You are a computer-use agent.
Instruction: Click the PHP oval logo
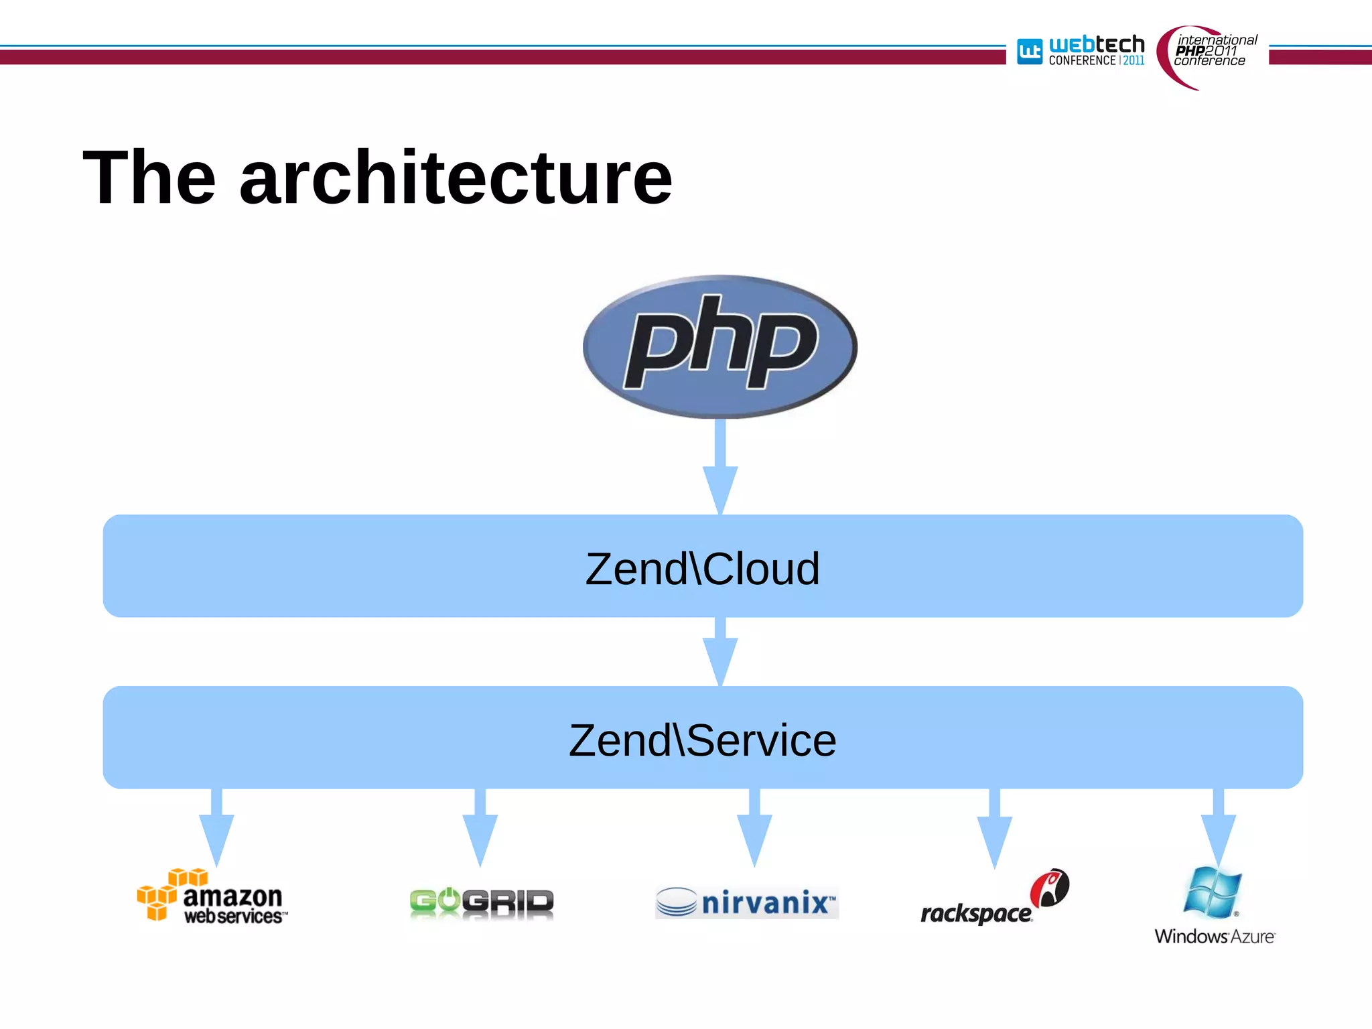pos(720,346)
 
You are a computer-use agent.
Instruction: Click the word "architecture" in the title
pos(456,178)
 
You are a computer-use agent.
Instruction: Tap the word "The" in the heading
pos(149,178)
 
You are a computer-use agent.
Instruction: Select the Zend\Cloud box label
pos(702,569)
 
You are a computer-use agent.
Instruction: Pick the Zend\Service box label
pos(702,740)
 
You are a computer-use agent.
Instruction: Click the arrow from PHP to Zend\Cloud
pos(720,469)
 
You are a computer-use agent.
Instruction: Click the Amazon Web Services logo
pos(212,896)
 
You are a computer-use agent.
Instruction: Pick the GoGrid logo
pos(482,902)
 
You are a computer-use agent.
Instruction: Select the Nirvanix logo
pos(746,902)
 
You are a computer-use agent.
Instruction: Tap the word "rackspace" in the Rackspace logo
pos(976,913)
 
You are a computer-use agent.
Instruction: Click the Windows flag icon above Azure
pos(1213,892)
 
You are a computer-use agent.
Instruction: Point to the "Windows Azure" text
pos(1214,936)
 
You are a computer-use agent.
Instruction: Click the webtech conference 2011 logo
pos(1081,51)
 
